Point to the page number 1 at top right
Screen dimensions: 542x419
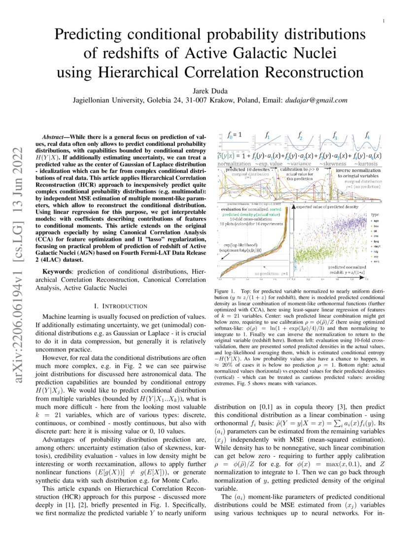pyautogui.click(x=383, y=21)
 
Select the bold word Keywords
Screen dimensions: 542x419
pyautogui.click(x=58, y=272)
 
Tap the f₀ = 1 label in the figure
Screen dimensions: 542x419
pyautogui.click(x=233, y=135)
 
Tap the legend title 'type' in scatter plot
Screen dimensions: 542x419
pyautogui.click(x=375, y=215)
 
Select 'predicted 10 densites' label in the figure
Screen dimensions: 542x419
pyautogui.click(x=244, y=169)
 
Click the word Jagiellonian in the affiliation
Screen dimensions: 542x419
pyautogui.click(x=95, y=100)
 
